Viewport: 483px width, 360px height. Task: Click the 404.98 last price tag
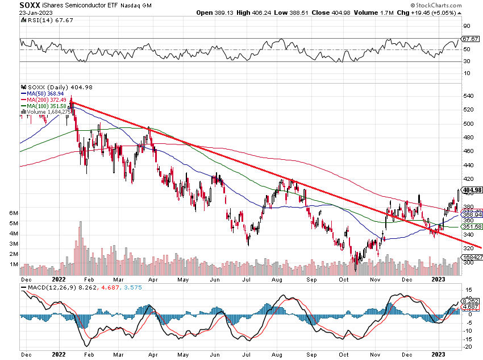pyautogui.click(x=473, y=190)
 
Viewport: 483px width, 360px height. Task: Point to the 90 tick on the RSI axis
pyautogui.click(x=467, y=26)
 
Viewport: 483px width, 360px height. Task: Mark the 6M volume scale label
pyautogui.click(x=13, y=213)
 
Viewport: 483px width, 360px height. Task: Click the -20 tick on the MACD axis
pyautogui.click(x=469, y=347)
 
